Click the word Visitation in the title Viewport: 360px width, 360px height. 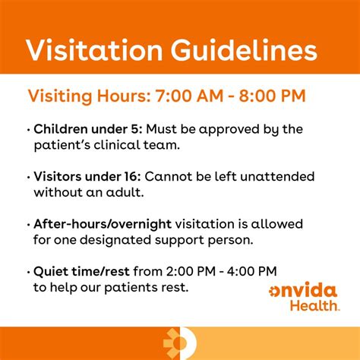coord(94,50)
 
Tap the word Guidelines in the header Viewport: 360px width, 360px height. coord(244,50)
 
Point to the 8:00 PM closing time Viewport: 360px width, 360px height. coord(273,96)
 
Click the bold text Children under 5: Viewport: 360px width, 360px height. coord(88,129)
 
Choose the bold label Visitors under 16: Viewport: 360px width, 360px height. coord(87,176)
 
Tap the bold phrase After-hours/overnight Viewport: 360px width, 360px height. coord(103,224)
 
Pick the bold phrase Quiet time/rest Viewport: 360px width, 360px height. coord(81,272)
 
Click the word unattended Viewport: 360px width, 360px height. coord(277,176)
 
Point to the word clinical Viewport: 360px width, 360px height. coord(117,145)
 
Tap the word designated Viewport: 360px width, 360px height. coord(115,241)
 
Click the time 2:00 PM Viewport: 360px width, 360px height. coord(191,272)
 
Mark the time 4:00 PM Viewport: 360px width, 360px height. coord(251,272)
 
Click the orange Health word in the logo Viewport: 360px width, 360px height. coord(314,305)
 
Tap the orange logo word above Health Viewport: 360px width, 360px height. coord(303,290)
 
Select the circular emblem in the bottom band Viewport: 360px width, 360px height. coord(180,343)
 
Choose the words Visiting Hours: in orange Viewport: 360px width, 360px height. coord(89,96)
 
